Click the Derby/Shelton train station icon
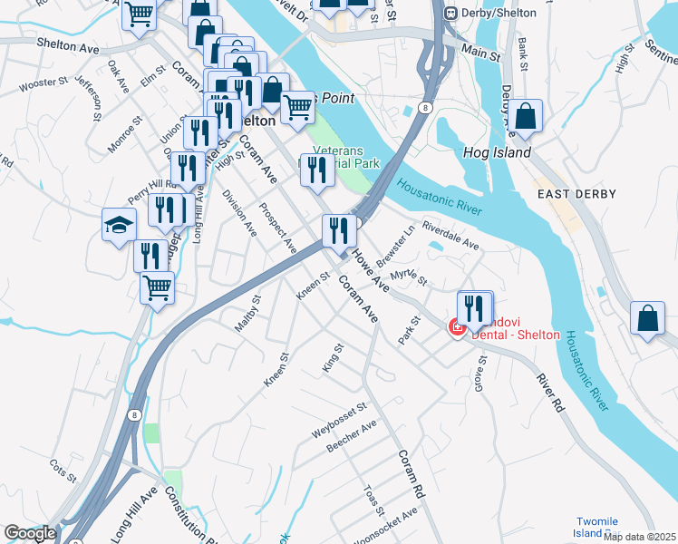pos(450,13)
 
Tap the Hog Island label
pos(497,153)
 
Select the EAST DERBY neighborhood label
pos(576,194)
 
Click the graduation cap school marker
pos(119,225)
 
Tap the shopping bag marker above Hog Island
pos(525,116)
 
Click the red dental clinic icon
pos(458,325)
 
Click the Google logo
pos(30,532)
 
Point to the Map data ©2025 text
pos(640,537)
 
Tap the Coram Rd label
pos(409,474)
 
